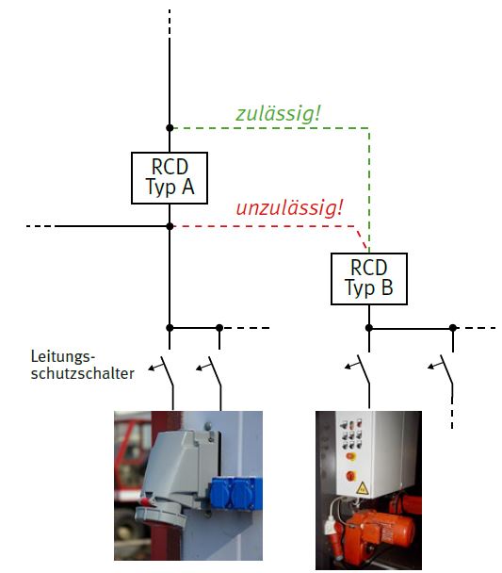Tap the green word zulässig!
pos(278,114)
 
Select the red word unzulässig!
pos(289,208)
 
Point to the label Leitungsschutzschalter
pos(83,365)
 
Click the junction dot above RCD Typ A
pos(170,128)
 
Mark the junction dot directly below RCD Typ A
pos(170,226)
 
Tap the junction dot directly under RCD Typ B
pos(369,328)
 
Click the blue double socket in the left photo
pos(235,493)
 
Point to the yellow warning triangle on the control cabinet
pos(362,488)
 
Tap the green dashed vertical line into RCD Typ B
pos(369,190)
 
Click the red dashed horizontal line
pos(264,226)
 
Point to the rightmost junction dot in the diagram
pos(453,328)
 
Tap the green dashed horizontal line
pos(271,128)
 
